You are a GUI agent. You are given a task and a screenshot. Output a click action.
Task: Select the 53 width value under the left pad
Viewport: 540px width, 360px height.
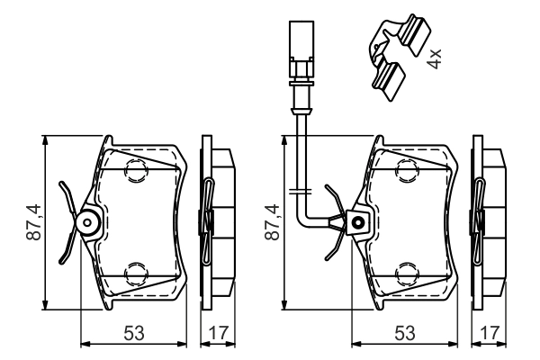(x=133, y=333)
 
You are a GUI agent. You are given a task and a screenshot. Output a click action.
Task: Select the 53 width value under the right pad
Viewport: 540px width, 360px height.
(x=403, y=333)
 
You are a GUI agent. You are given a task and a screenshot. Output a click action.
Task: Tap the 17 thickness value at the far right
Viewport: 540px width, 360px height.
(x=490, y=333)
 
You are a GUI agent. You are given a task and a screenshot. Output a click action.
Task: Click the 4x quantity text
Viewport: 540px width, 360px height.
(x=434, y=60)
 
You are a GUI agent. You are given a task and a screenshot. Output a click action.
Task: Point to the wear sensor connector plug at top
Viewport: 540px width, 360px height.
(x=298, y=49)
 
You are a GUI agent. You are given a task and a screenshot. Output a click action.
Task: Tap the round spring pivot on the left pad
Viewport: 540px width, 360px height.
(x=88, y=222)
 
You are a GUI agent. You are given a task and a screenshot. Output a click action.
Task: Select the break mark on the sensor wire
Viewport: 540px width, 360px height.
(x=299, y=191)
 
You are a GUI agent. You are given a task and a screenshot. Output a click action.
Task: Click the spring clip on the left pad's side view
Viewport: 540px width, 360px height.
(x=207, y=219)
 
